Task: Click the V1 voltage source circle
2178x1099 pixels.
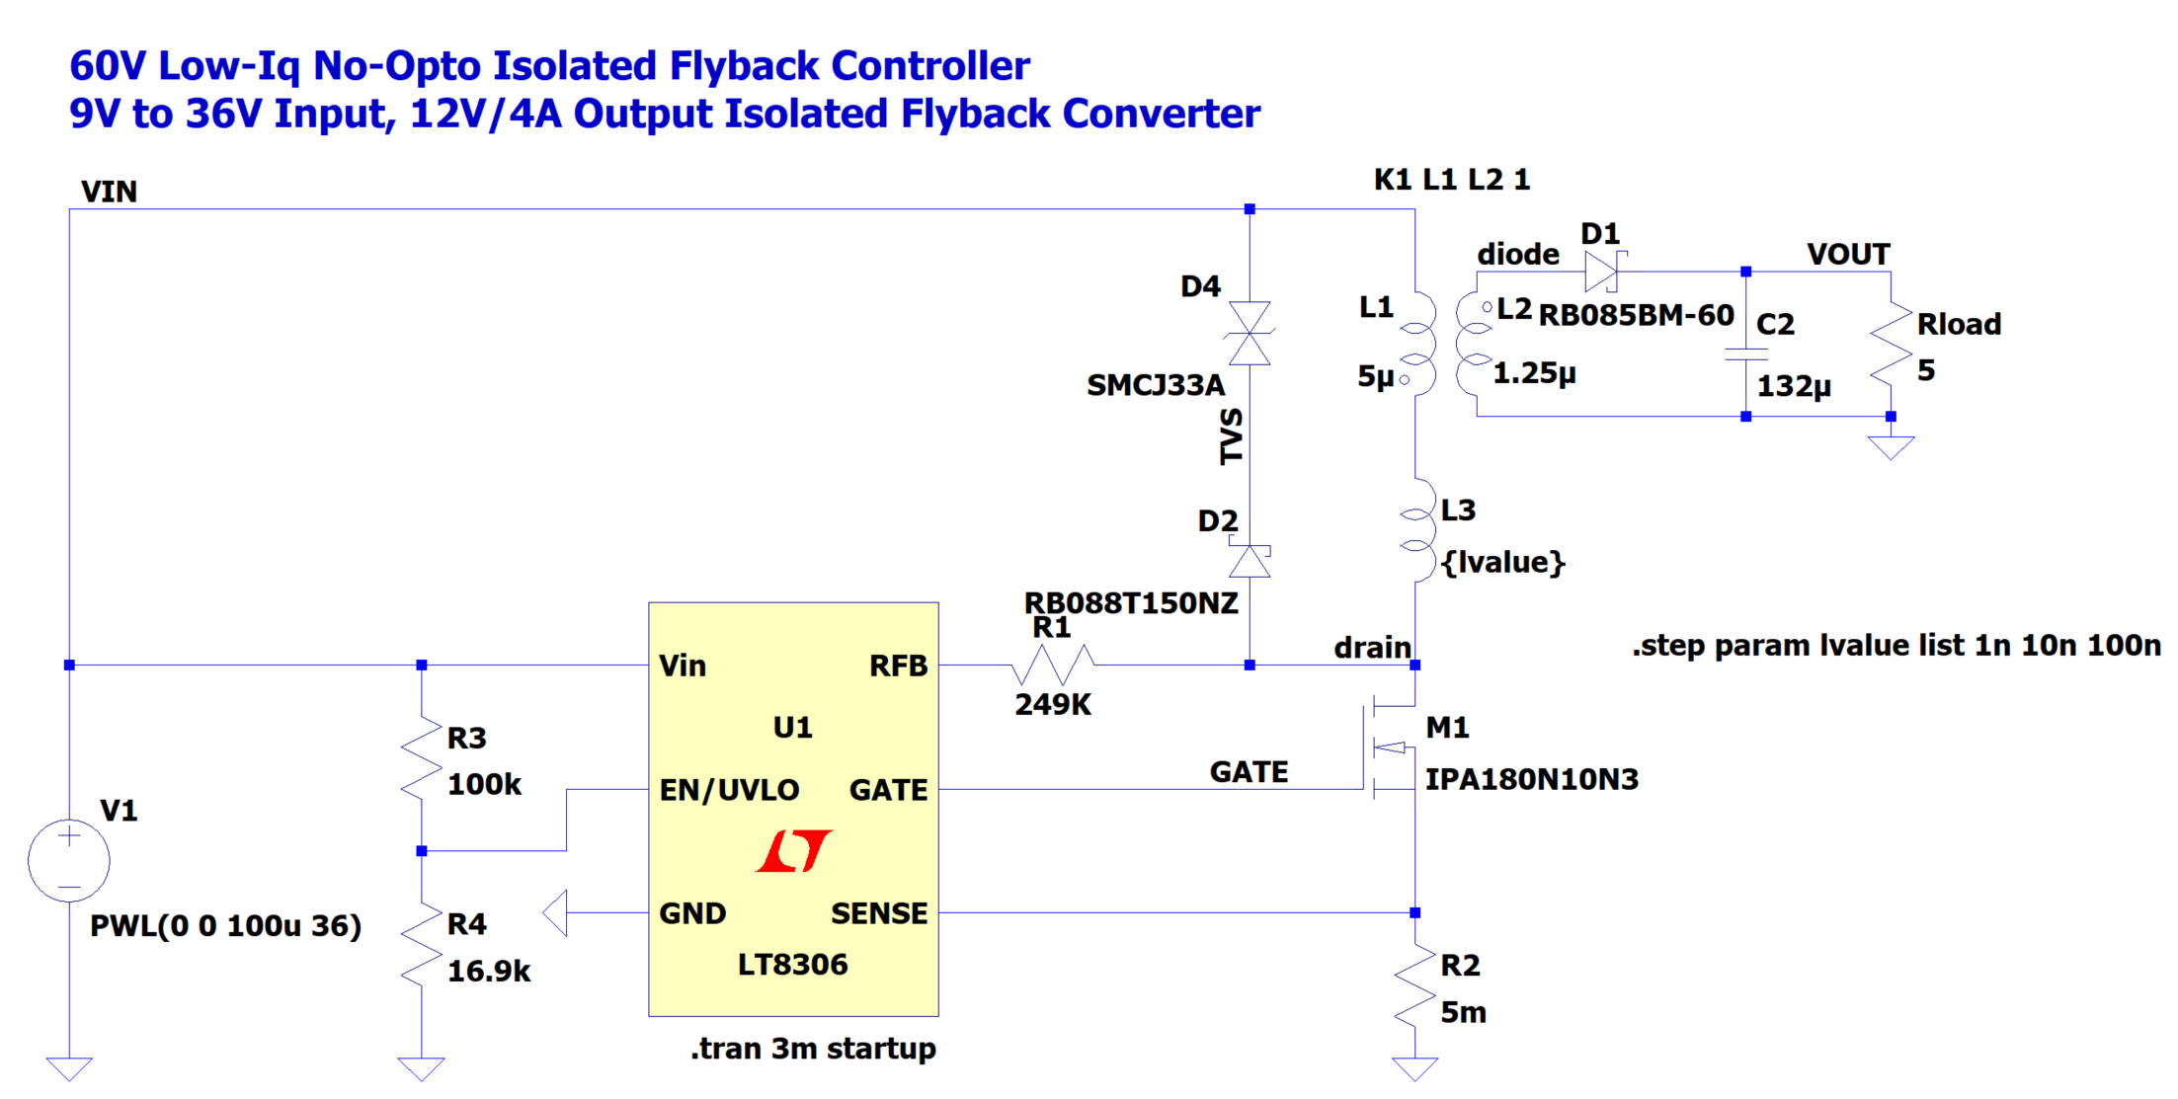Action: click(68, 860)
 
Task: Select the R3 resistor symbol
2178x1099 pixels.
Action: click(422, 758)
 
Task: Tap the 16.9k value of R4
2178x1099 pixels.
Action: click(489, 972)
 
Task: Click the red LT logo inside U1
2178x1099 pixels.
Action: click(793, 851)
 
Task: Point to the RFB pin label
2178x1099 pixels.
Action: click(898, 667)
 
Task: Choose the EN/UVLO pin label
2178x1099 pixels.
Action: click(729, 790)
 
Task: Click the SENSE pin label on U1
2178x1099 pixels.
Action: click(879, 913)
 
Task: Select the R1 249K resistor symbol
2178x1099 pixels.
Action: click(1053, 665)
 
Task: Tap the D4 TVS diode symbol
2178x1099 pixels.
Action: click(1250, 334)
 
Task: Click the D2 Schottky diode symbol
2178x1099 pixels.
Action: click(1250, 561)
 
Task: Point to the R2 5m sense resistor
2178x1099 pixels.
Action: click(1415, 986)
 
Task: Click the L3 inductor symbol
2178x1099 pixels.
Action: click(1418, 531)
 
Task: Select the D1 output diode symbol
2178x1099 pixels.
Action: click(1601, 271)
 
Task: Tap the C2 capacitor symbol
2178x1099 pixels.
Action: click(1746, 353)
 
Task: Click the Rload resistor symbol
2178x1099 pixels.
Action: click(1892, 345)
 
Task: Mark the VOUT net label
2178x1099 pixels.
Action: click(1848, 255)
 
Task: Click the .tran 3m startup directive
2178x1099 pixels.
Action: click(813, 1049)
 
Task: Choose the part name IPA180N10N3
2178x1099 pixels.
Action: click(1531, 780)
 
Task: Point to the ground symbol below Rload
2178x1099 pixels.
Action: click(1892, 447)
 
